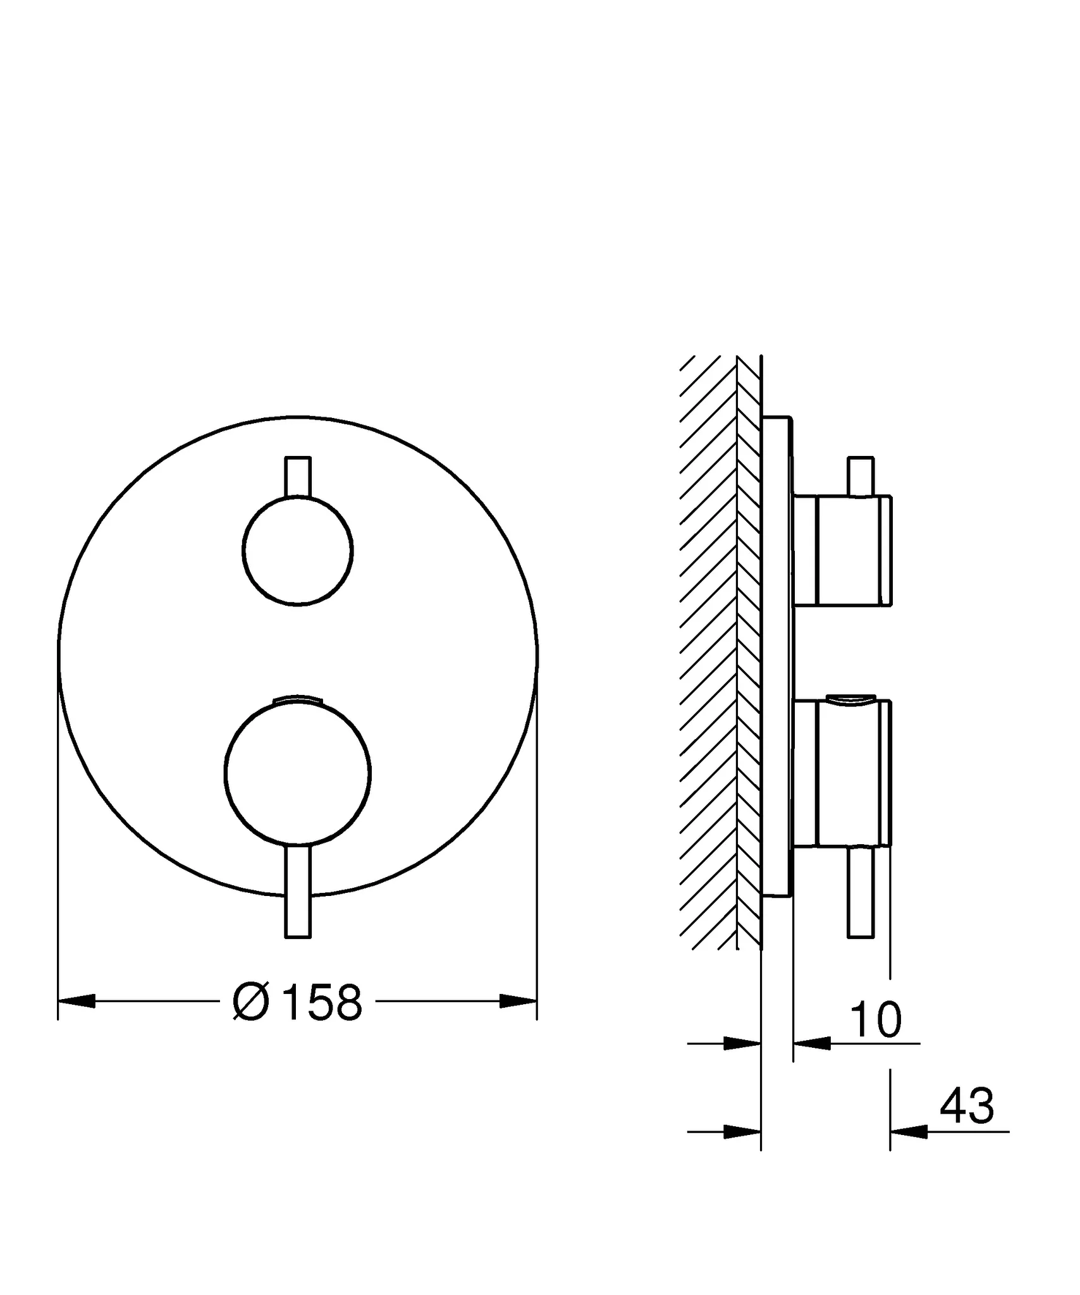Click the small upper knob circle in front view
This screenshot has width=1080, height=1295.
[x=298, y=550]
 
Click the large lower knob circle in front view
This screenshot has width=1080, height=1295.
[x=298, y=773]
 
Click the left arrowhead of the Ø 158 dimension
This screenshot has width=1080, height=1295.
[x=77, y=1001]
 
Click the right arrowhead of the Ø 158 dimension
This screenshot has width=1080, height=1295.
[x=517, y=1001]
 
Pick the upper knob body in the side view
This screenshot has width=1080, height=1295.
[x=847, y=550]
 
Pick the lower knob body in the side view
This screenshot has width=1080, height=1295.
[x=847, y=773]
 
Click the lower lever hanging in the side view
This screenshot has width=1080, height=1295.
[x=861, y=893]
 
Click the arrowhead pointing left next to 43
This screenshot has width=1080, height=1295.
[x=909, y=1132]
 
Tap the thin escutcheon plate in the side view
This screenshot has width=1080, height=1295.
[x=776, y=658]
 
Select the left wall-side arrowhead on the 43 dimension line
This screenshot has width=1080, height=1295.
[x=742, y=1132]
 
